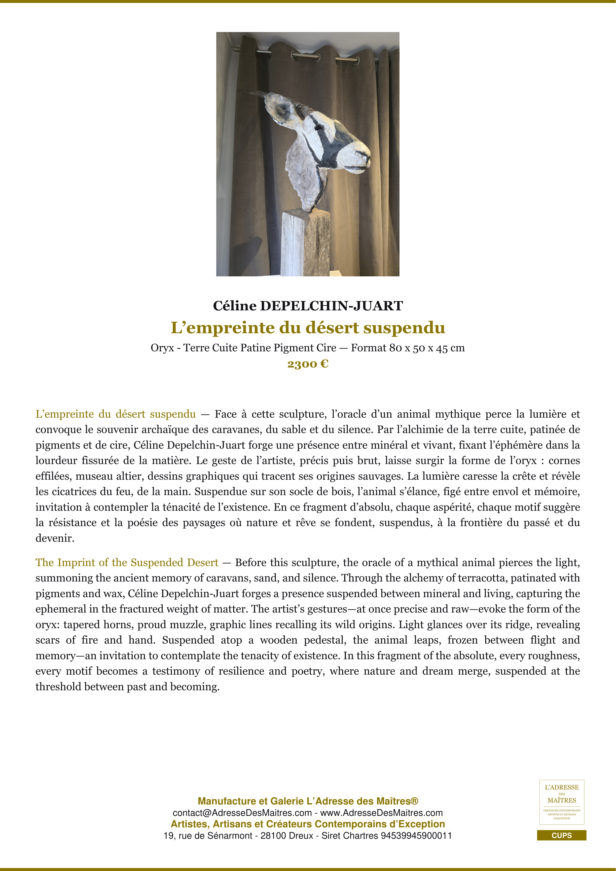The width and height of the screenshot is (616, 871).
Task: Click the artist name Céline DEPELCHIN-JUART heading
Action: coord(308,306)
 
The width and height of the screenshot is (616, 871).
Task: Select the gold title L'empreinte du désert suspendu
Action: coord(308,328)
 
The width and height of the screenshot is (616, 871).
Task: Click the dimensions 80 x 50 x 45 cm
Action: coord(427,348)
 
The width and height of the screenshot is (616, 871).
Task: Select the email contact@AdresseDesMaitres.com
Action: coord(242,813)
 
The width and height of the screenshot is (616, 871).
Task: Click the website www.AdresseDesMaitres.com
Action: coord(381,813)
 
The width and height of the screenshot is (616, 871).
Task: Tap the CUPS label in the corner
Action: coord(561,835)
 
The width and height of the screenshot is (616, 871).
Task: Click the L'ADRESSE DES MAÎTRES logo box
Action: coord(561,802)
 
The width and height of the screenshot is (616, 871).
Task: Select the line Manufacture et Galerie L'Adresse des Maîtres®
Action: coord(308,801)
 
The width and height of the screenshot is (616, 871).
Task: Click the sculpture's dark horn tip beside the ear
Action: coord(243,91)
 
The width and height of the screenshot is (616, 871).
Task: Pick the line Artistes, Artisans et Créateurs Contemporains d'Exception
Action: coord(308,824)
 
